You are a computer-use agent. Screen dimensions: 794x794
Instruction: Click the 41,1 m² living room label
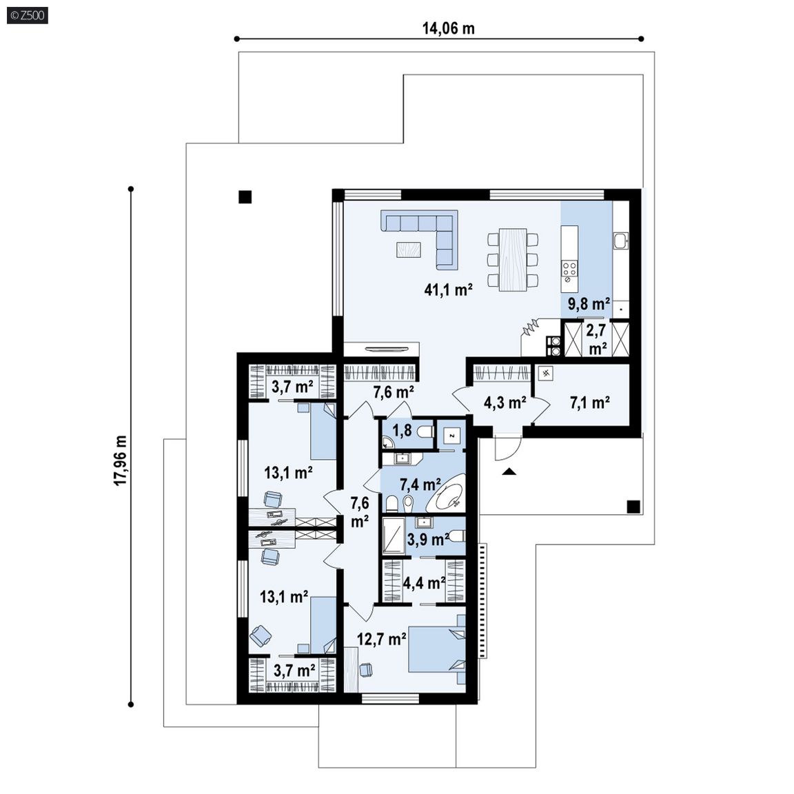pyautogui.click(x=449, y=289)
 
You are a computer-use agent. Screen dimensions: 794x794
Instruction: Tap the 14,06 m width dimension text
pyautogui.click(x=449, y=28)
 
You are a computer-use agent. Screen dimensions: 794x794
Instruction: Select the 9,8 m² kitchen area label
pyautogui.click(x=589, y=304)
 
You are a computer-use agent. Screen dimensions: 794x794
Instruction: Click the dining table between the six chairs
pyautogui.click(x=513, y=259)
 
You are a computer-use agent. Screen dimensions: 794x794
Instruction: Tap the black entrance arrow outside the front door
pyautogui.click(x=509, y=472)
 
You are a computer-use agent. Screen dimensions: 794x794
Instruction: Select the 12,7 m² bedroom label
pyautogui.click(x=382, y=639)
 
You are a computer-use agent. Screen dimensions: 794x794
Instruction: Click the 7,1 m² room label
pyautogui.click(x=589, y=403)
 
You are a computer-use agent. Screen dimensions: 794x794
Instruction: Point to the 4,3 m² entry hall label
pyautogui.click(x=505, y=403)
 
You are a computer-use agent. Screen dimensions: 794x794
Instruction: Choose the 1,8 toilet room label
pyautogui.click(x=403, y=430)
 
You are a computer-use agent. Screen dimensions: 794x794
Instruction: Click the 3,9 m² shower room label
pyautogui.click(x=429, y=540)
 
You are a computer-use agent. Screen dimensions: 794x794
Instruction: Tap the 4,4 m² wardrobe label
pyautogui.click(x=425, y=583)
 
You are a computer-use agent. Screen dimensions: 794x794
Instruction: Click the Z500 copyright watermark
pyautogui.click(x=28, y=15)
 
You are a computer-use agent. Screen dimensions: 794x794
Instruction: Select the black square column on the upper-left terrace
pyautogui.click(x=245, y=196)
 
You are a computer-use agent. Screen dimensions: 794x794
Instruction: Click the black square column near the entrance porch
pyautogui.click(x=633, y=507)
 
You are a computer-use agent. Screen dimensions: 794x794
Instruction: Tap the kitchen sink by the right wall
pyautogui.click(x=620, y=241)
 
